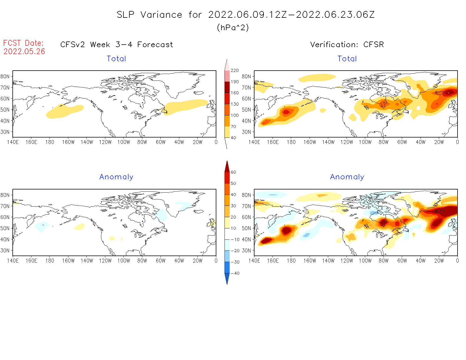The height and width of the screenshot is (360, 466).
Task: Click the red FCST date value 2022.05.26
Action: (x=24, y=51)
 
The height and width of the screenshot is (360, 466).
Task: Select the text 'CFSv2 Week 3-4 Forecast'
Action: (x=117, y=45)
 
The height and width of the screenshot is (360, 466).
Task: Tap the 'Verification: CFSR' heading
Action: (x=347, y=45)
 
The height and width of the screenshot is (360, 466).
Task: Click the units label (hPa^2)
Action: (x=233, y=28)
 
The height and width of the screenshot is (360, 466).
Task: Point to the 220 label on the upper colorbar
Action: (x=234, y=71)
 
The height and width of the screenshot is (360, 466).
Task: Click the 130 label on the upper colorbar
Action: (x=234, y=104)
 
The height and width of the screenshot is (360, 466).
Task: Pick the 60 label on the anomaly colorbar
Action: (x=233, y=172)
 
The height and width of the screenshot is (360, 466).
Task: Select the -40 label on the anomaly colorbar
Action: (x=235, y=273)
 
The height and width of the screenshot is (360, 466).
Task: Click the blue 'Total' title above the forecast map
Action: (x=116, y=59)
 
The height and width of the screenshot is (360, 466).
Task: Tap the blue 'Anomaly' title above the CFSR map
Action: (x=347, y=177)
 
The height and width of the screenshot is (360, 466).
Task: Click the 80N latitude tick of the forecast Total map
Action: (x=5, y=77)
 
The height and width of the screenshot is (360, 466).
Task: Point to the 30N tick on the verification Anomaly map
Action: (x=246, y=250)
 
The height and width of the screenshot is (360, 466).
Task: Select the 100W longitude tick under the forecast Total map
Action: (x=124, y=142)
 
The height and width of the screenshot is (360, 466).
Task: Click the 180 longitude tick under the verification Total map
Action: (x=291, y=142)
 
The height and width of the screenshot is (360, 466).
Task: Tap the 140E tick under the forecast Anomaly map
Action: (x=13, y=261)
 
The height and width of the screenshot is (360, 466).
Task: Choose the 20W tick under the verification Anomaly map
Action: (x=439, y=261)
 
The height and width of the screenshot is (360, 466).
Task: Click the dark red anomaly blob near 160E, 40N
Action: (x=266, y=241)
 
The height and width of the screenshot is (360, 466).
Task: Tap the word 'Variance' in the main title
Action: (x=161, y=15)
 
